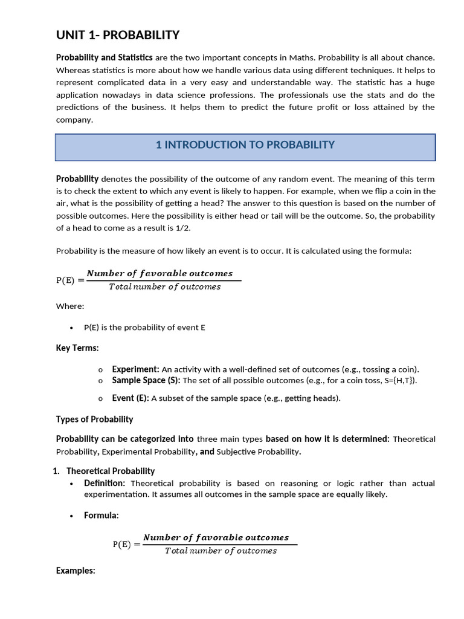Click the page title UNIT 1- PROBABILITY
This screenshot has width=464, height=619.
coord(118,35)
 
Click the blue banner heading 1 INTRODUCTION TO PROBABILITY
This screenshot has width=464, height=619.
coord(245,145)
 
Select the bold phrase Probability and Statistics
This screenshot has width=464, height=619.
coord(104,57)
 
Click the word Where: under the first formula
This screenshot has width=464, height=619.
coord(70,306)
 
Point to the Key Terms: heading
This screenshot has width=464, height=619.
coord(77,348)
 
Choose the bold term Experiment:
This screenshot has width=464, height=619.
coord(135,369)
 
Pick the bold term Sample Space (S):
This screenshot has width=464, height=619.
coord(146,380)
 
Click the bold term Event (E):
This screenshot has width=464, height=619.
coord(130,398)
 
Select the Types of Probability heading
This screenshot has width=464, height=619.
coord(94,419)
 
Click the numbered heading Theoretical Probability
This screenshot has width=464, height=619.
coord(111,471)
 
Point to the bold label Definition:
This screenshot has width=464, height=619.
coord(105,483)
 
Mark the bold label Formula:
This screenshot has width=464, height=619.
coord(101,516)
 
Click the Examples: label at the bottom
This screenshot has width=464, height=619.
coord(76,571)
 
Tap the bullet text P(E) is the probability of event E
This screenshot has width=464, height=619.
coord(144,328)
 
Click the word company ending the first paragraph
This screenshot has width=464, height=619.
coord(74,120)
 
